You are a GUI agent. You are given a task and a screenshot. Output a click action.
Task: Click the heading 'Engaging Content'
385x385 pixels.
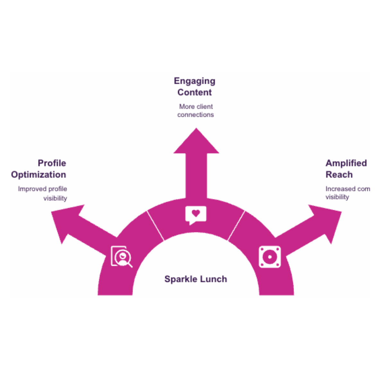[x=194, y=87]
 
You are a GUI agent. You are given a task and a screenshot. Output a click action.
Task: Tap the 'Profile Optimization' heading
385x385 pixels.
[x=38, y=169]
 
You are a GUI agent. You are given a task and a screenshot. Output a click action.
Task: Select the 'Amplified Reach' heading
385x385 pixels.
[x=346, y=169]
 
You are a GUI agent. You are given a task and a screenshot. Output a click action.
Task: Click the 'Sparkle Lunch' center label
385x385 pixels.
[x=195, y=279]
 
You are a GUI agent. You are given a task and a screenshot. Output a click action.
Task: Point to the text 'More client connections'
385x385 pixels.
[x=196, y=111]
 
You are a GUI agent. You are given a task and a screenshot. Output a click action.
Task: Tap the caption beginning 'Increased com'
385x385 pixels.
[x=347, y=193]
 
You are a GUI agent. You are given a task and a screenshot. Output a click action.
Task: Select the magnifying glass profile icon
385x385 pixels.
[x=121, y=256]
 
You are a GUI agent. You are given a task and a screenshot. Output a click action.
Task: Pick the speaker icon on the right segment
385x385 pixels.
[x=270, y=257]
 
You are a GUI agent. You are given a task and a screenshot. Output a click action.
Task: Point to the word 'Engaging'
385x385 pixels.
[x=194, y=81]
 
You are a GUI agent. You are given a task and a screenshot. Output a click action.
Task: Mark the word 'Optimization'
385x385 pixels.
[x=38, y=175]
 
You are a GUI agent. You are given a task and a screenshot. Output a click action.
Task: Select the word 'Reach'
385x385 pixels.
[x=339, y=175]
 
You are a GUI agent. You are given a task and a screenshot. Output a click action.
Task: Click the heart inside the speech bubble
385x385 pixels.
[x=196, y=213]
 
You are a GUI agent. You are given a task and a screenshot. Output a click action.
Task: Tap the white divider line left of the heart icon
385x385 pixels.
[x=156, y=226]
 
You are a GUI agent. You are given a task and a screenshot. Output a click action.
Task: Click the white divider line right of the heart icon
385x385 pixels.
[x=236, y=226]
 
